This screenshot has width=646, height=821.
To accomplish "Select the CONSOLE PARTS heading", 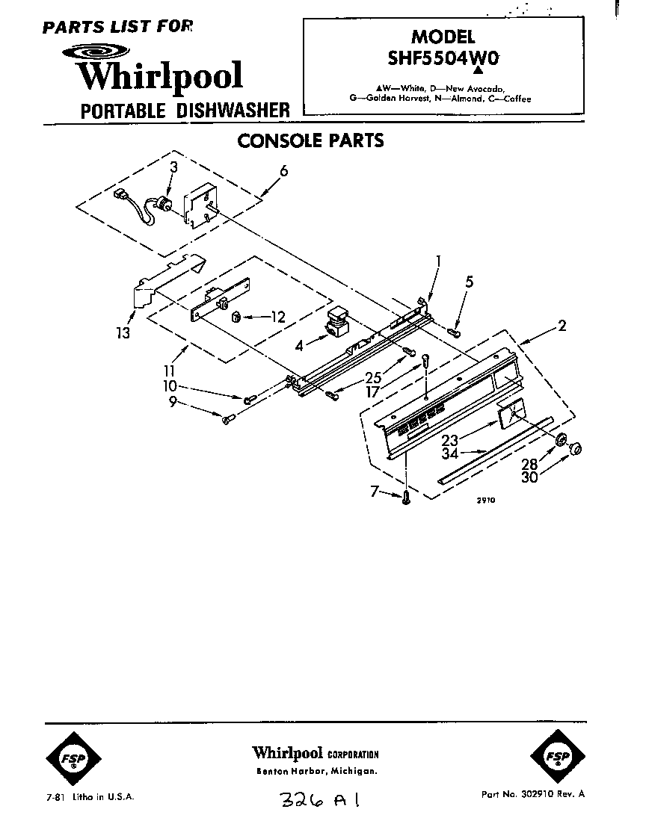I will point(310,140).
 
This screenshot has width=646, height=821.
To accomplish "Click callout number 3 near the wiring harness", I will point(173,167).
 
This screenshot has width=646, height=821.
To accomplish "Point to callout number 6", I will point(283,171).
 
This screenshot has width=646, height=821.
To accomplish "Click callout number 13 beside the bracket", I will point(122,332).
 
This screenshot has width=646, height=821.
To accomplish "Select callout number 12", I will point(277,317).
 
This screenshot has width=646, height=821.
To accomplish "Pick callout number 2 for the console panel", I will point(561,325).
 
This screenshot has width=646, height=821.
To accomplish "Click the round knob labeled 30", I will point(576,448).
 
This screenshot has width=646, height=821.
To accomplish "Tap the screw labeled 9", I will point(229,418).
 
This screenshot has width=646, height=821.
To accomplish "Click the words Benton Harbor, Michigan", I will point(316,771).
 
